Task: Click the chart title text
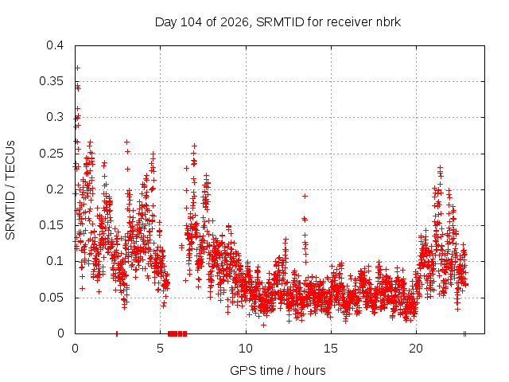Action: coord(278,22)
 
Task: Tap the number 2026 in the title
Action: coord(235,22)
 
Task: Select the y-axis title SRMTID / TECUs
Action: coord(10,190)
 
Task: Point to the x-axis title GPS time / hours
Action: coord(278,370)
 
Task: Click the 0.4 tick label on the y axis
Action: coord(55,45)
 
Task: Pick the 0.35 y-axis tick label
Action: coord(52,81)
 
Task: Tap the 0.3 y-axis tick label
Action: coord(55,117)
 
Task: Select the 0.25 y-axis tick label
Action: coord(52,154)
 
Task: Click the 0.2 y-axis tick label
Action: coord(55,189)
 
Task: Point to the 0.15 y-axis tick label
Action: coord(52,225)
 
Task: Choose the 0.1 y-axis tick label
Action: coord(55,261)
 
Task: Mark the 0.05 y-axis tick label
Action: coord(52,298)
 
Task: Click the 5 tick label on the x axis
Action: coord(161,349)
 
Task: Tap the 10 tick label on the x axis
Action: coord(246,349)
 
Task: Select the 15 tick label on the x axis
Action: coord(331,349)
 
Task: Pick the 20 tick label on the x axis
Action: coord(416,349)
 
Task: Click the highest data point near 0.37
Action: coord(78,68)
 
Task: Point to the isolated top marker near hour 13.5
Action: coord(305,196)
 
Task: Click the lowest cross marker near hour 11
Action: coord(263,325)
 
